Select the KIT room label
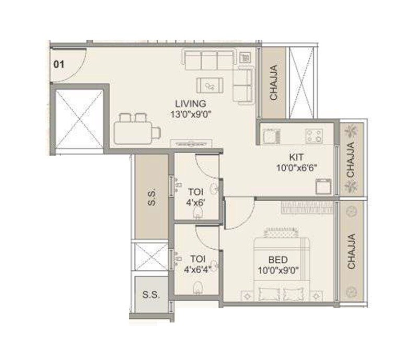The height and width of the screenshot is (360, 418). [297, 157]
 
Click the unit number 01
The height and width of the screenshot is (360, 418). [59, 65]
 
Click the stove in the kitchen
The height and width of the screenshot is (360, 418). [314, 136]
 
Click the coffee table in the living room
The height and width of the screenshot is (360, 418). [211, 85]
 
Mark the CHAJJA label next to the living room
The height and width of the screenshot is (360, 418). [273, 83]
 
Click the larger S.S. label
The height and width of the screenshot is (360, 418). [152, 198]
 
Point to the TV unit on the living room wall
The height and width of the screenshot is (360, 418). [191, 141]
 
